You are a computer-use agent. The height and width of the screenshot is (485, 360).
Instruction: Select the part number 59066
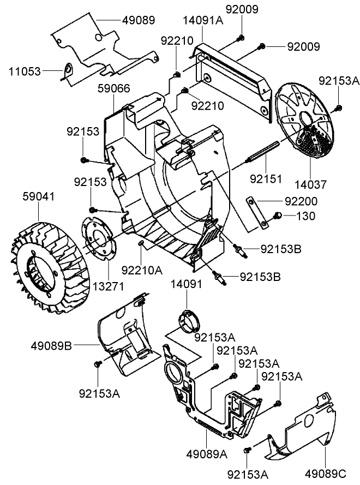[113, 87]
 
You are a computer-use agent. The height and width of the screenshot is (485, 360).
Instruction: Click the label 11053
[25, 71]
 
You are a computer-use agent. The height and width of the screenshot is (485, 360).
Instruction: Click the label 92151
[266, 178]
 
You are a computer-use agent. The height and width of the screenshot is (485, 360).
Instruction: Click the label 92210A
[142, 270]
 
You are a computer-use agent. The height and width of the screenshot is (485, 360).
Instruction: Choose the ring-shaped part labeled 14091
[189, 321]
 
